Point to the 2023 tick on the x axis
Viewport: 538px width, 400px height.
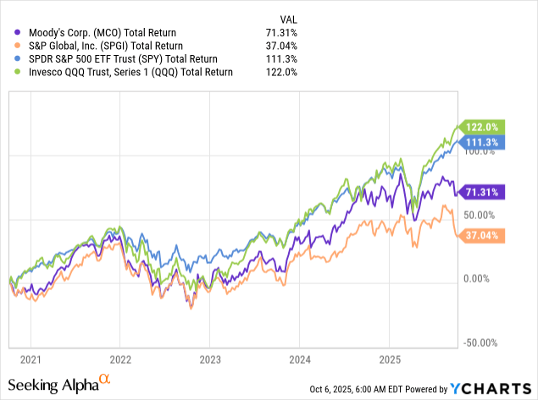209,358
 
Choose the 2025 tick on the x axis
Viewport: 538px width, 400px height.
388,358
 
